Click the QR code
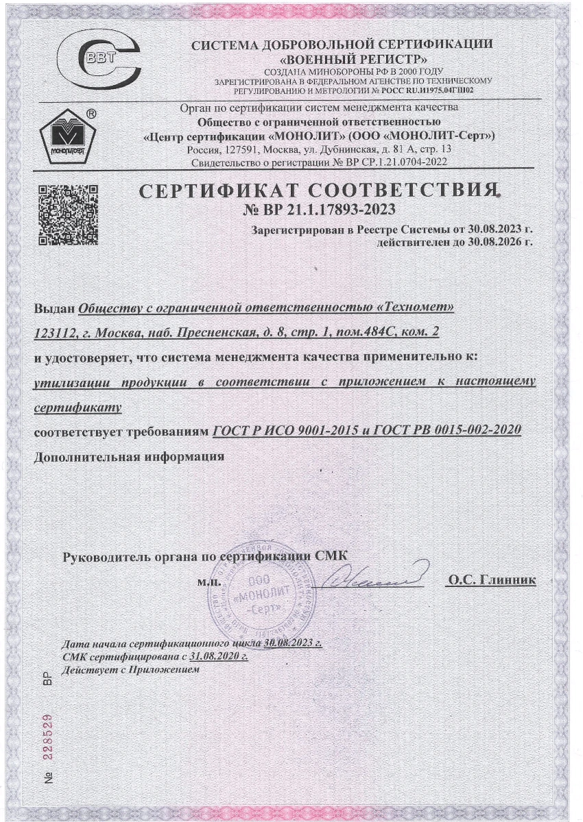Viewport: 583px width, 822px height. (67, 214)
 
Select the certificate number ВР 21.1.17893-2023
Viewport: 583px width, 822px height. (320, 210)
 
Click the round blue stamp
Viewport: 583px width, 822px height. (257, 593)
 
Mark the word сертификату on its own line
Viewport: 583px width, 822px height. (78, 408)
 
